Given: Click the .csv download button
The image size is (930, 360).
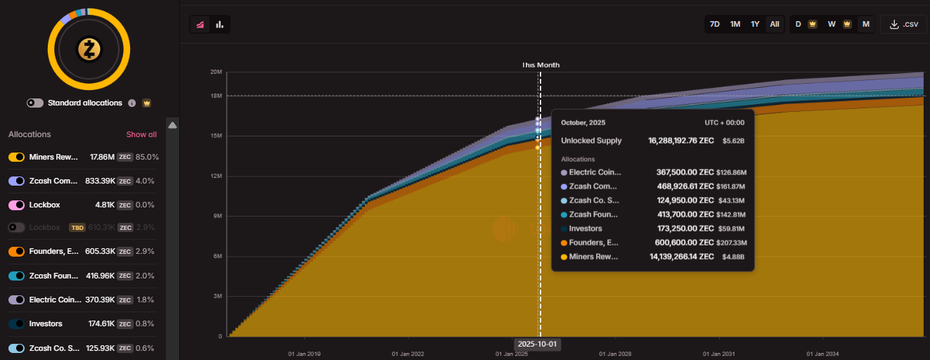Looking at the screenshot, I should (x=903, y=24).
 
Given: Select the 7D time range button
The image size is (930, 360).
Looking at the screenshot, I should (x=714, y=24).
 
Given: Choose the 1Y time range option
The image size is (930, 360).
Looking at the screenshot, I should (x=755, y=24).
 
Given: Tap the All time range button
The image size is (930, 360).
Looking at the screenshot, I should (x=775, y=24).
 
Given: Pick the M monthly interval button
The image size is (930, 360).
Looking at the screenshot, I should (x=865, y=24).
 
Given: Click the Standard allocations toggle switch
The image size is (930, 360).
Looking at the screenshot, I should (x=35, y=103).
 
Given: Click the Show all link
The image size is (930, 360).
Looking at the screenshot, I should (x=141, y=134).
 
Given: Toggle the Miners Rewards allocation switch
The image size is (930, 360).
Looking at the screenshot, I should (x=17, y=157).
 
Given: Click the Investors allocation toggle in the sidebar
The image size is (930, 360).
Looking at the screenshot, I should (x=17, y=324).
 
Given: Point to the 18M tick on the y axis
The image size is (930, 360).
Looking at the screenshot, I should (x=217, y=96).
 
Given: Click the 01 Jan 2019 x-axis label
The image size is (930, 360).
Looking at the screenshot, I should (x=305, y=354).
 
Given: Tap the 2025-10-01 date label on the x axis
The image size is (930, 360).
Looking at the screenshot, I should (x=537, y=345).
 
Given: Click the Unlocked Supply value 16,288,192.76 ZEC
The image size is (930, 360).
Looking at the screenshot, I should (x=680, y=141).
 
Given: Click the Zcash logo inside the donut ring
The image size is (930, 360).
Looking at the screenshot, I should (x=89, y=49).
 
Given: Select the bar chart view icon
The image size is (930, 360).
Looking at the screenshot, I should (x=220, y=25).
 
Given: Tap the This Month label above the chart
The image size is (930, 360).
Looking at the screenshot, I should (x=540, y=65).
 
